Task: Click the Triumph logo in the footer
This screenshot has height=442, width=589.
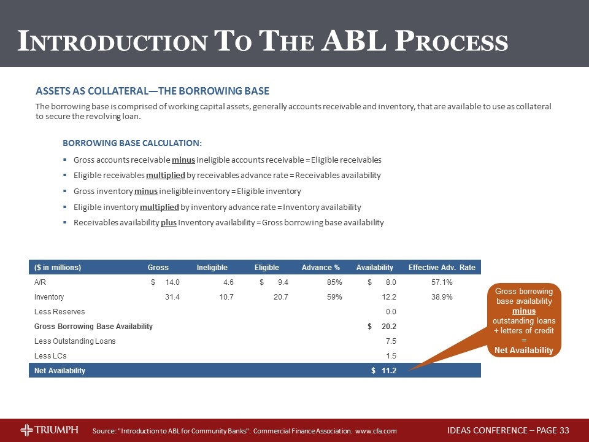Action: pyautogui.click(x=49, y=430)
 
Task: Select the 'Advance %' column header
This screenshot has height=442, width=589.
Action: pyautogui.click(x=320, y=268)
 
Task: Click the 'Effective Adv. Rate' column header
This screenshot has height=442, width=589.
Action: pyautogui.click(x=441, y=268)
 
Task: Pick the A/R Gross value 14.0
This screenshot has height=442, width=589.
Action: pyautogui.click(x=170, y=282)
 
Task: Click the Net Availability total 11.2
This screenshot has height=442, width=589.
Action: pyautogui.click(x=388, y=371)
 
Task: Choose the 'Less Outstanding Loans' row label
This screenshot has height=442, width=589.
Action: pyautogui.click(x=74, y=341)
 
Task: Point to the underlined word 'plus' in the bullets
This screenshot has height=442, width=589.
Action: pyautogui.click(x=169, y=223)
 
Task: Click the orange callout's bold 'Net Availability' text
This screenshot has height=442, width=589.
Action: pyautogui.click(x=524, y=351)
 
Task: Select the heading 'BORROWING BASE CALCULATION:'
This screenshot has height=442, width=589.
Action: pyautogui.click(x=132, y=143)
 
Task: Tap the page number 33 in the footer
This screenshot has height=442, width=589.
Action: pyautogui.click(x=564, y=430)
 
